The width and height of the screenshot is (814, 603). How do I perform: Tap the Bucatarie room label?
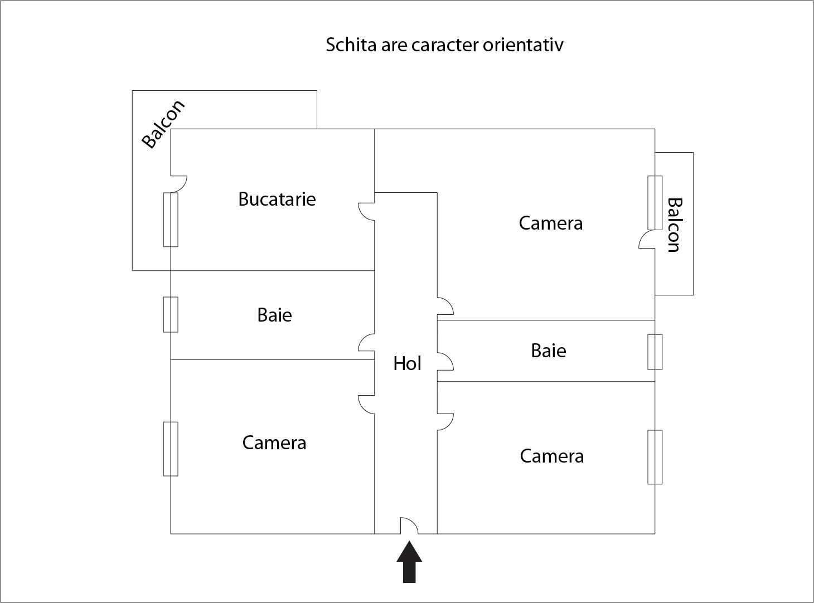pos(277,199)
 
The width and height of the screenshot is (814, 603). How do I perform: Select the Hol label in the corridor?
pos(407,363)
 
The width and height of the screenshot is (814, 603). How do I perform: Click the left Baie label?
pos(274,315)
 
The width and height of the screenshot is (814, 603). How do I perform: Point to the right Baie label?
pos(549,351)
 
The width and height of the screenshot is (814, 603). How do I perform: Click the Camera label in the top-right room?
pos(551,223)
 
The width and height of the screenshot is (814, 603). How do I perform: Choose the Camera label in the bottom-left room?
pos(274,442)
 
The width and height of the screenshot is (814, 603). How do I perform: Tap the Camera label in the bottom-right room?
pos(552,456)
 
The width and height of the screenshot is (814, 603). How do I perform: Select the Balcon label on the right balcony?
pos(674,225)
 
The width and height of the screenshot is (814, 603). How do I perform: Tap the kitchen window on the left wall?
pos(171,220)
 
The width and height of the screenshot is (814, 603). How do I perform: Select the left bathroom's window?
pos(171,314)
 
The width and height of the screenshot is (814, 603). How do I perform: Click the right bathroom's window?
pos(655,352)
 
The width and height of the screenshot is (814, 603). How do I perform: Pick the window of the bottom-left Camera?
pos(171,449)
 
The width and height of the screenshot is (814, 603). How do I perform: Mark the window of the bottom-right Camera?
pos(655,457)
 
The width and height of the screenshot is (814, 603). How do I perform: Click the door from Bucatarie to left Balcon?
pos(178,183)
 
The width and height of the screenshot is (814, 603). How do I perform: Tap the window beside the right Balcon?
pos(655,203)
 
